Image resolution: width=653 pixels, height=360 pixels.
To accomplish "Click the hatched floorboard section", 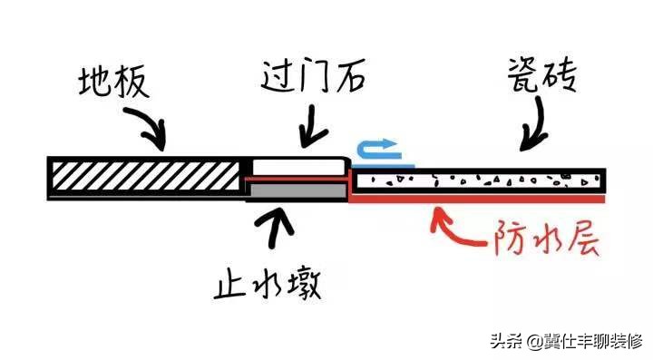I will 150,175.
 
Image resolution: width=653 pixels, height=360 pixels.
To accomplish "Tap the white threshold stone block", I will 298,167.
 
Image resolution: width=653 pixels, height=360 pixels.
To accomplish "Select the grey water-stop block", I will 297,191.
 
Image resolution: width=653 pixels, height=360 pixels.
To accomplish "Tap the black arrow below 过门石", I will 313,128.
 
